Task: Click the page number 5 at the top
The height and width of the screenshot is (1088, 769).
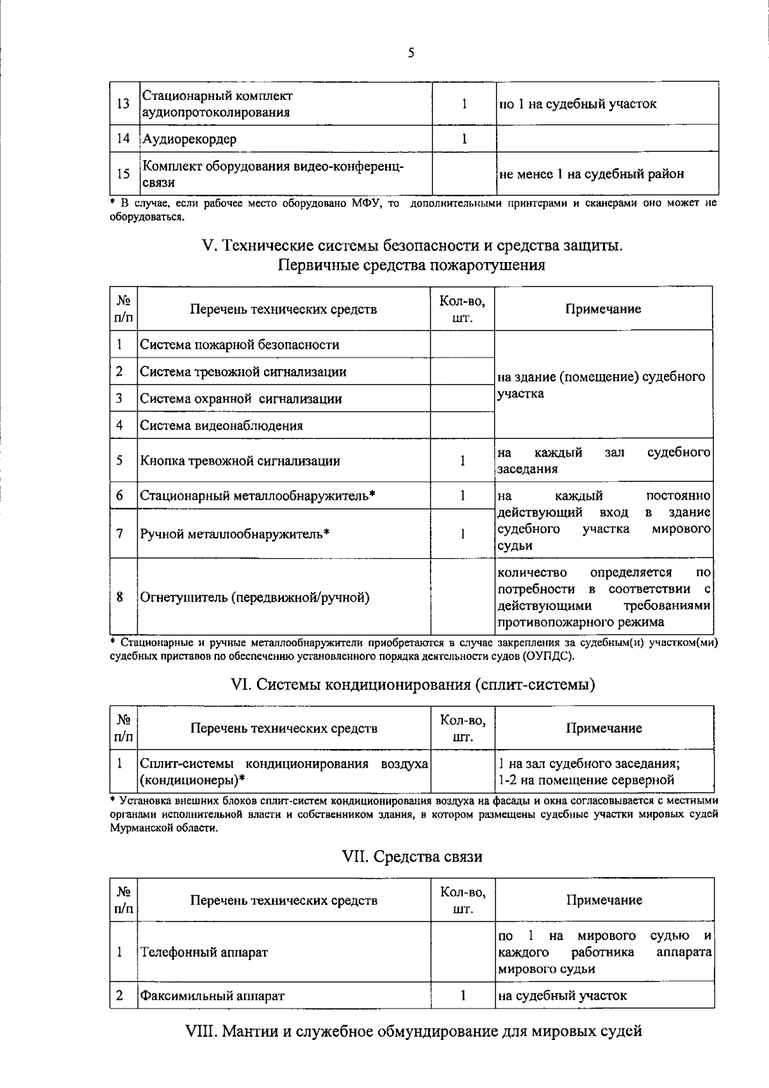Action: (x=411, y=53)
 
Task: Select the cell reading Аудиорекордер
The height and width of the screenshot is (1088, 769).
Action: (x=189, y=138)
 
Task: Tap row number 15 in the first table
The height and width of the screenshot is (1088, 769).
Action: (x=123, y=174)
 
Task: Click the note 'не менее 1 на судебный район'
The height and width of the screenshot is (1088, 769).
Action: (x=591, y=174)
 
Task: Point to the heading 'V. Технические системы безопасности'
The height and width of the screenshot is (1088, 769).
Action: (x=411, y=245)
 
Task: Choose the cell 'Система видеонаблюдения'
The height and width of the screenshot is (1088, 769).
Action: (x=221, y=425)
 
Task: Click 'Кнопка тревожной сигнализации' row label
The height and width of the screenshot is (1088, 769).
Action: (x=240, y=461)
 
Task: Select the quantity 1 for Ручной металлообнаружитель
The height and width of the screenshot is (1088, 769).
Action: (x=462, y=533)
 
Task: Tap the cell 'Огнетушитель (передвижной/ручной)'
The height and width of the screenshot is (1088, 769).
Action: (x=254, y=597)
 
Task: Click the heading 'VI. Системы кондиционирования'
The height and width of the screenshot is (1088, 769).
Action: (x=413, y=684)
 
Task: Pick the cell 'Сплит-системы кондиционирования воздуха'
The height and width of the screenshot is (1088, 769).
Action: (x=283, y=764)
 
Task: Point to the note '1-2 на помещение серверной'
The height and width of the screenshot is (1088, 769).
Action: (x=586, y=780)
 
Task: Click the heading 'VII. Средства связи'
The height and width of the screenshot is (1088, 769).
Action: (x=412, y=857)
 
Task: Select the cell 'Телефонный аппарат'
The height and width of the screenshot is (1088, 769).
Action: (x=204, y=952)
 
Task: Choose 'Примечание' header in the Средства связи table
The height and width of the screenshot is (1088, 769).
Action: (x=604, y=900)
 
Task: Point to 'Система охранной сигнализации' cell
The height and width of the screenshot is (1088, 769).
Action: (x=240, y=399)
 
